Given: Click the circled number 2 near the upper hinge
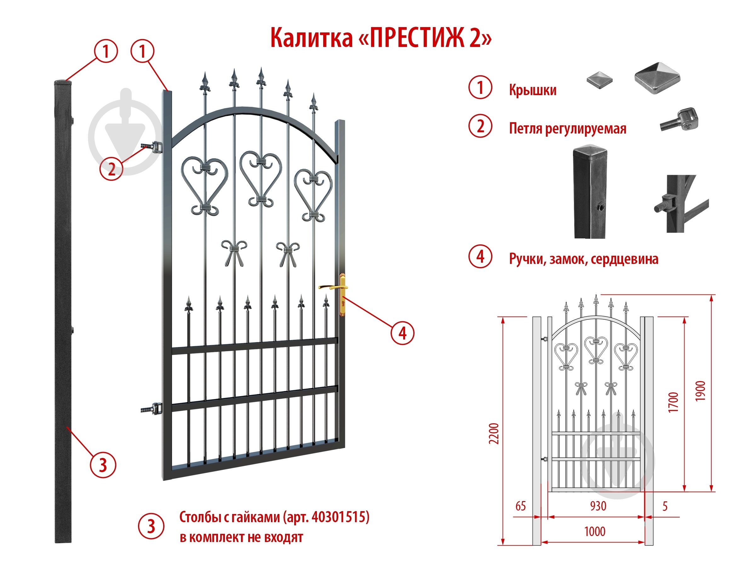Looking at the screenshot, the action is click(112, 169).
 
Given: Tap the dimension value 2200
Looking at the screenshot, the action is click(494, 433).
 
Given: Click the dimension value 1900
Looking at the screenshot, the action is click(701, 391).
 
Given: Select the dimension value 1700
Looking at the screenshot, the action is click(673, 402).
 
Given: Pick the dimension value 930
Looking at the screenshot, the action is click(598, 506).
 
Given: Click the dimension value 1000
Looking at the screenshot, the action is click(595, 532).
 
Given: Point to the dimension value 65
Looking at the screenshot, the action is click(520, 506).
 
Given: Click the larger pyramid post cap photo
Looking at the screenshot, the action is click(657, 78).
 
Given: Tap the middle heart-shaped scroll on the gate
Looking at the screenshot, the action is click(261, 178).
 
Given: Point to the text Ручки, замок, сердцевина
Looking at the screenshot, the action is click(584, 259).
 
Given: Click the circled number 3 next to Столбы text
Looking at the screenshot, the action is click(151, 527).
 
